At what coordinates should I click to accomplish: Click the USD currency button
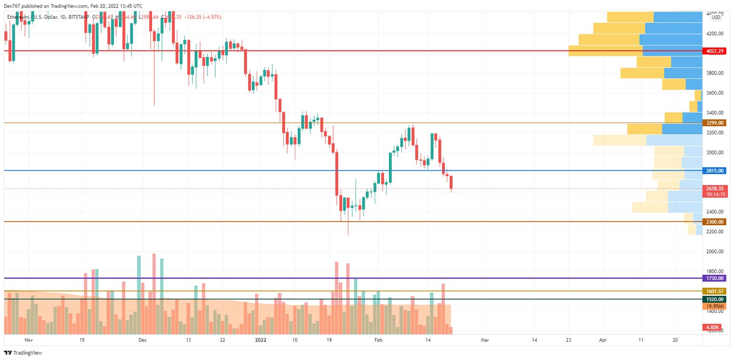716,18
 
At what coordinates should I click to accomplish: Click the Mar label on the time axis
485,340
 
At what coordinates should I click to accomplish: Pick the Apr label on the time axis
603,340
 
